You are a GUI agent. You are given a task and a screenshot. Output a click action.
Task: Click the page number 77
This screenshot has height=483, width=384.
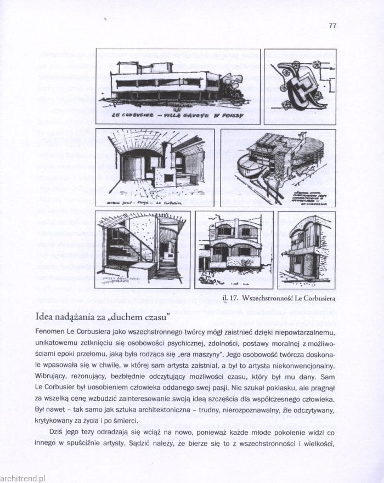pyautogui.click(x=332, y=26)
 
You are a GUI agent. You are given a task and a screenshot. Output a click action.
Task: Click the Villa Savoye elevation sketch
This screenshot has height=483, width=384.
pyautogui.click(x=178, y=82)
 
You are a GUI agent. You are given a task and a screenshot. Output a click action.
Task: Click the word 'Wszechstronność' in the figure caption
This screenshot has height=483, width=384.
pyautogui.click(x=270, y=299)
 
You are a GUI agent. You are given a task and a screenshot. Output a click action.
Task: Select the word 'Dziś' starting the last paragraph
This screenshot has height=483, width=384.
pyautogui.click(x=57, y=433)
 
